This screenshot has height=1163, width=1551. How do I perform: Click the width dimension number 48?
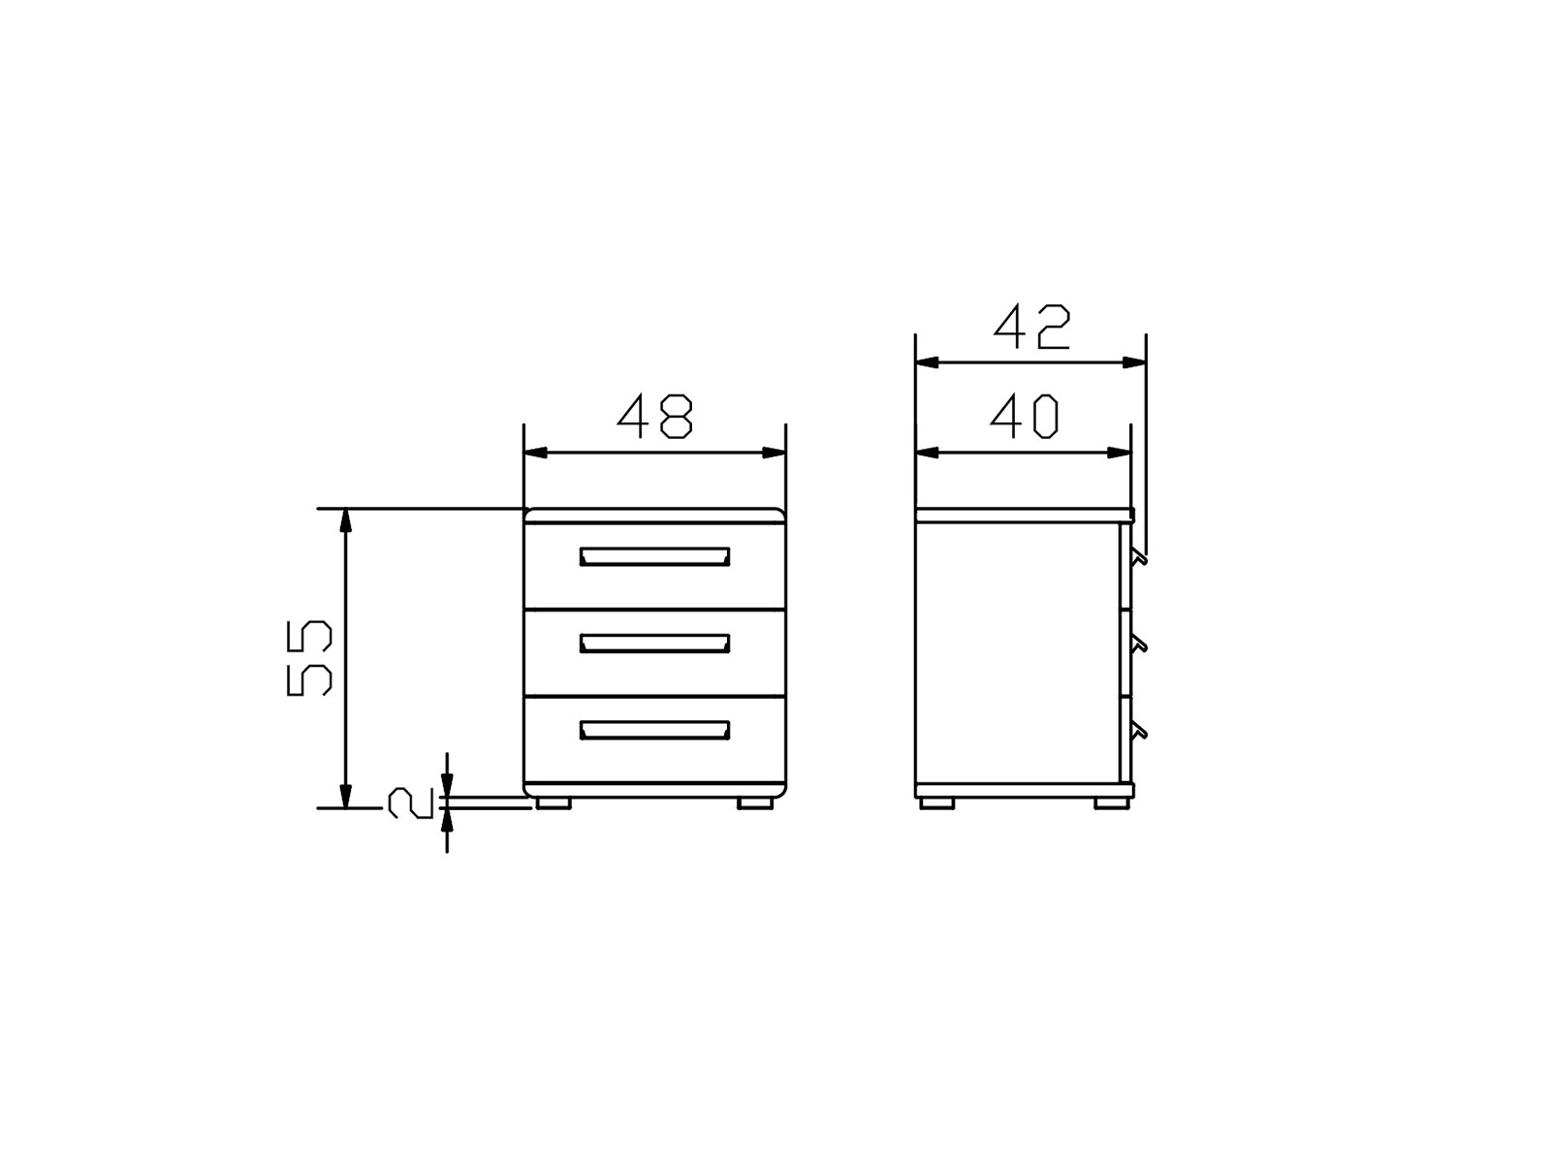[655, 416]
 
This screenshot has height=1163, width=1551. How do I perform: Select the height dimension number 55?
[309, 658]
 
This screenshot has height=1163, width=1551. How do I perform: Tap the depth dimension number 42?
[1032, 327]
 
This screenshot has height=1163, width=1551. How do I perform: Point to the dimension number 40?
[1024, 416]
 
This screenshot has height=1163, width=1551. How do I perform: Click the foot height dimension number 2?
[410, 803]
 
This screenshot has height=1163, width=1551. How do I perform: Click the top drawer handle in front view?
[654, 556]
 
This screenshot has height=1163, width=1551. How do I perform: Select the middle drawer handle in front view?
[654, 644]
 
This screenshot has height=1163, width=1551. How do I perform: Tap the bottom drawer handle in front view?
[654, 730]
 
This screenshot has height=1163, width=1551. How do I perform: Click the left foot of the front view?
[554, 803]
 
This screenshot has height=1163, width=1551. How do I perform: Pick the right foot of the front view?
[755, 803]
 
